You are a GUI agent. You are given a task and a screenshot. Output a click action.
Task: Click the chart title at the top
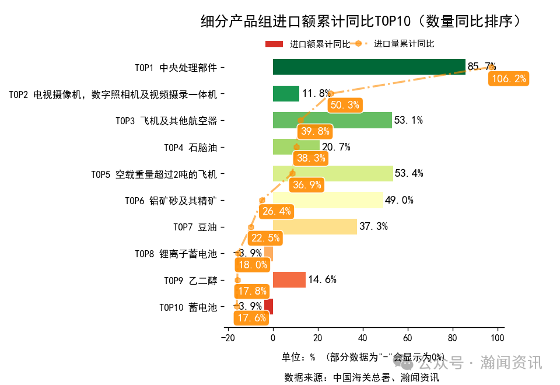(x=360, y=22)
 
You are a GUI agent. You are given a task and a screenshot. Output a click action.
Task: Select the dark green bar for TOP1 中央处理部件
(x=369, y=67)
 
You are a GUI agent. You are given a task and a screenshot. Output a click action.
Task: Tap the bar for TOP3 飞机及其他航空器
(x=332, y=120)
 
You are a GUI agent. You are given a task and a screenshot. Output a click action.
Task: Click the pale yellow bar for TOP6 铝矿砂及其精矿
(x=328, y=200)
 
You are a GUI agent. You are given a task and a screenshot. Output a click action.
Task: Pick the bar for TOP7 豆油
(x=314, y=226)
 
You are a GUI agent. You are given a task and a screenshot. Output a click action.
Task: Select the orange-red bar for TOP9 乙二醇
(x=289, y=279)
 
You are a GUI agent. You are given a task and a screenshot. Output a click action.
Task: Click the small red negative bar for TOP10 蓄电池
(x=268, y=306)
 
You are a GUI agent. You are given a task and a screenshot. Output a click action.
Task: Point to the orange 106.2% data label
(x=509, y=79)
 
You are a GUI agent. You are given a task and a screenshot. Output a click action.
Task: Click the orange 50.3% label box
(x=344, y=105)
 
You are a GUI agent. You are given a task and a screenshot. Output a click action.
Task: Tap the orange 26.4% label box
(x=276, y=211)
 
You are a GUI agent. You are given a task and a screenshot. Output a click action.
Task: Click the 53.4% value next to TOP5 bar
(x=409, y=173)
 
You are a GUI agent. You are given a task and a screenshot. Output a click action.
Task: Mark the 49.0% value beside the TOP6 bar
(x=399, y=200)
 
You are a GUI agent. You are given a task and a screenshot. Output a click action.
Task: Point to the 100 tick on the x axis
(x=497, y=338)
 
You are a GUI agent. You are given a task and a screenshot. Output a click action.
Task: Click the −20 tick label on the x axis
(x=228, y=338)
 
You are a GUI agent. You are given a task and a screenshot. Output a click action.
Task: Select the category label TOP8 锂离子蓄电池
(x=176, y=254)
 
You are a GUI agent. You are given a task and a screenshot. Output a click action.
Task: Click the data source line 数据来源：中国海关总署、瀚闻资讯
(x=361, y=377)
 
